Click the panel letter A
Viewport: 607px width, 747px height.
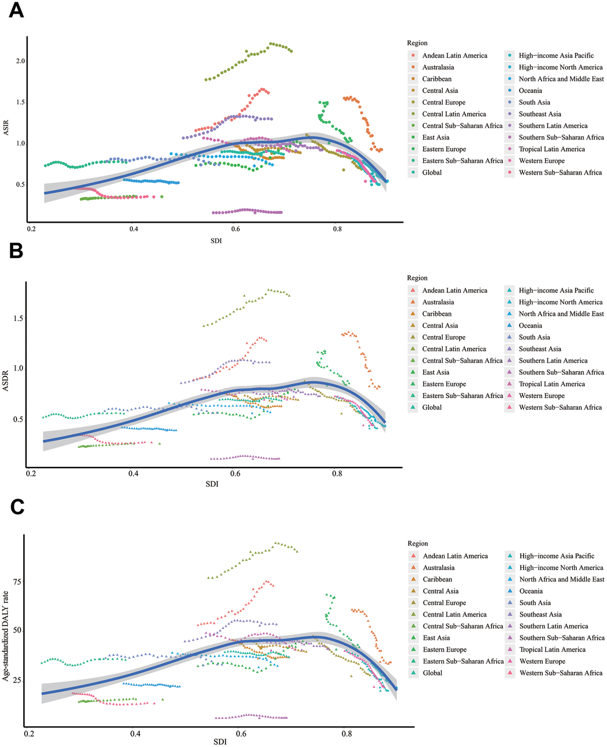click(15, 11)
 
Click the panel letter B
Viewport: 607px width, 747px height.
click(15, 251)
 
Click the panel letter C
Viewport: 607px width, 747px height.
click(15, 507)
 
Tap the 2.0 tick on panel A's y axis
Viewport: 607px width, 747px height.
click(20, 61)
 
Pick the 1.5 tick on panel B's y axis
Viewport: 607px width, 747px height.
click(18, 318)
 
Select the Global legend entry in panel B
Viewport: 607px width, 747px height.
click(432, 407)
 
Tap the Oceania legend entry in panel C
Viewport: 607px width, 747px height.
click(531, 591)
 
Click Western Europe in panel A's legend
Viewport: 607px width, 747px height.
click(542, 161)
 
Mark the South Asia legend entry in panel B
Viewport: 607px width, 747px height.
click(534, 337)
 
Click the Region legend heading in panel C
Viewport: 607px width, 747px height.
click(418, 543)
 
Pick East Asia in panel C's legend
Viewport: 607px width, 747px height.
click(436, 638)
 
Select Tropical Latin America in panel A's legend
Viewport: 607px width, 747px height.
click(552, 149)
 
